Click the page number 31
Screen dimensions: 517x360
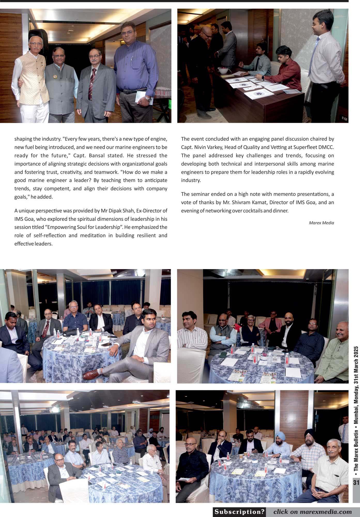[x=356, y=482]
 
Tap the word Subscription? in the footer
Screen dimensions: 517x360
[x=240, y=512]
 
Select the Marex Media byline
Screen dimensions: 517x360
[x=321, y=223]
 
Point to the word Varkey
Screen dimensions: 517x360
[x=215, y=147]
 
